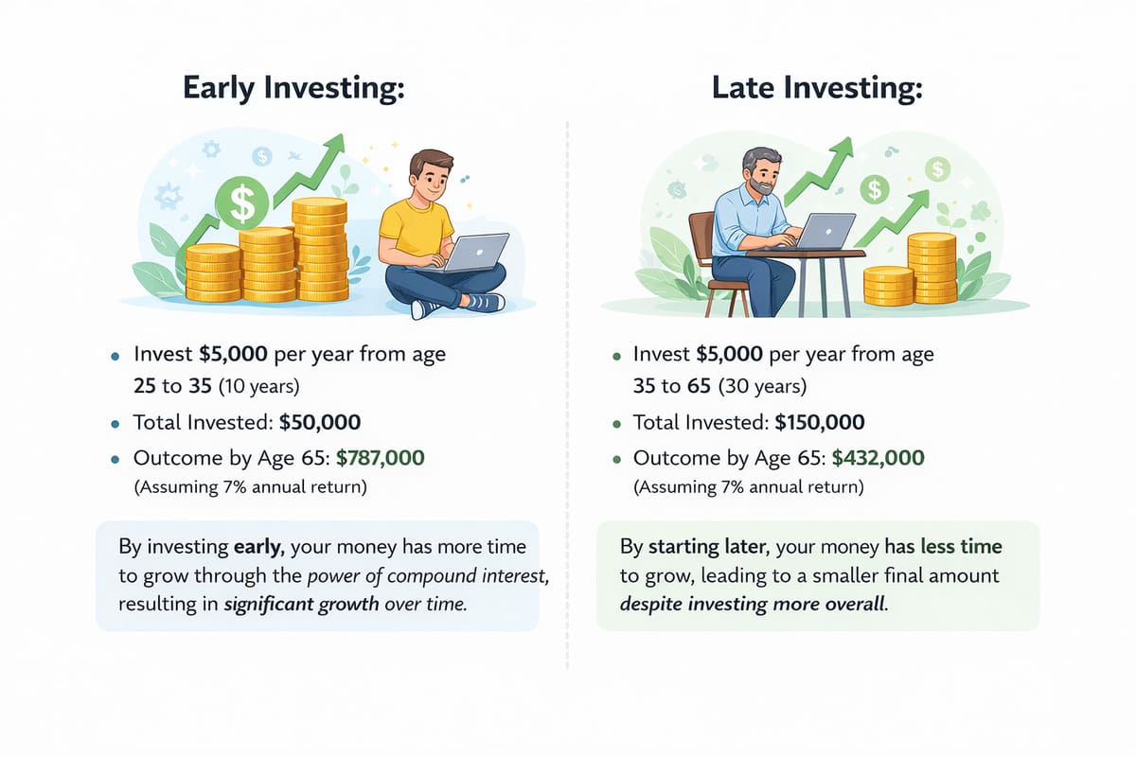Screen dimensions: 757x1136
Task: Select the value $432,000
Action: point(878,459)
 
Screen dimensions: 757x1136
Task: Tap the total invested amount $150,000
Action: point(819,423)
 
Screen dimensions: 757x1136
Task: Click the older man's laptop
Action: point(825,232)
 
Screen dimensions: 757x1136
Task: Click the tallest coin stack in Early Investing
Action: point(319,250)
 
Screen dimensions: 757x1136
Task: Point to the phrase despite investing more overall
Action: point(754,605)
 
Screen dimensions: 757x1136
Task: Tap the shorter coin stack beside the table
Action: point(888,286)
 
